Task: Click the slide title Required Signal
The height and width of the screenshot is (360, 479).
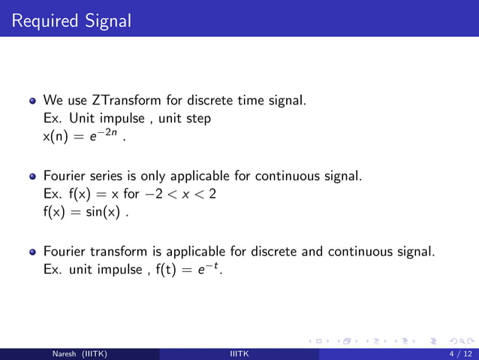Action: [71, 20]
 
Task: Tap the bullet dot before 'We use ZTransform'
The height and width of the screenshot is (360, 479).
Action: [32, 101]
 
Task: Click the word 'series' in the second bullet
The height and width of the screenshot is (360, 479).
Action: [105, 177]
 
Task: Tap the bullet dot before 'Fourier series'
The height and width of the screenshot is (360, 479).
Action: [32, 177]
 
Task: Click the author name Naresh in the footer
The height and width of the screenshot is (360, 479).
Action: [67, 354]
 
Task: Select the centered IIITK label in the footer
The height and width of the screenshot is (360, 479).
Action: [239, 354]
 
